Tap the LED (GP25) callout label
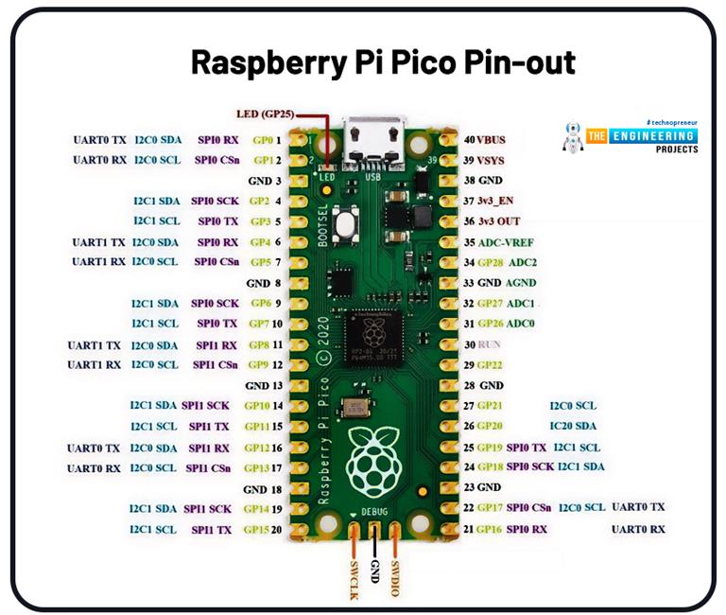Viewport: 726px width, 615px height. [x=266, y=114]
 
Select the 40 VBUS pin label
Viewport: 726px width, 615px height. [x=485, y=140]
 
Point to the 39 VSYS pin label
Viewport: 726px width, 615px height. [x=485, y=160]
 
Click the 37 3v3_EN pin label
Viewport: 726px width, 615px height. [x=493, y=201]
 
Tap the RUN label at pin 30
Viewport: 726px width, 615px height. [x=491, y=344]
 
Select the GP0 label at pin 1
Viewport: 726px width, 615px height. [x=263, y=140]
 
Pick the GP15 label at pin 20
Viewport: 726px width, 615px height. [x=256, y=530]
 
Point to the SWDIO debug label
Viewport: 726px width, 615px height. [x=395, y=574]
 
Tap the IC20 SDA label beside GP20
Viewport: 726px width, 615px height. [x=573, y=426]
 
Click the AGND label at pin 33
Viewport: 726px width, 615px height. [x=521, y=283]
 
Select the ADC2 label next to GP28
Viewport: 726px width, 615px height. [x=524, y=262]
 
